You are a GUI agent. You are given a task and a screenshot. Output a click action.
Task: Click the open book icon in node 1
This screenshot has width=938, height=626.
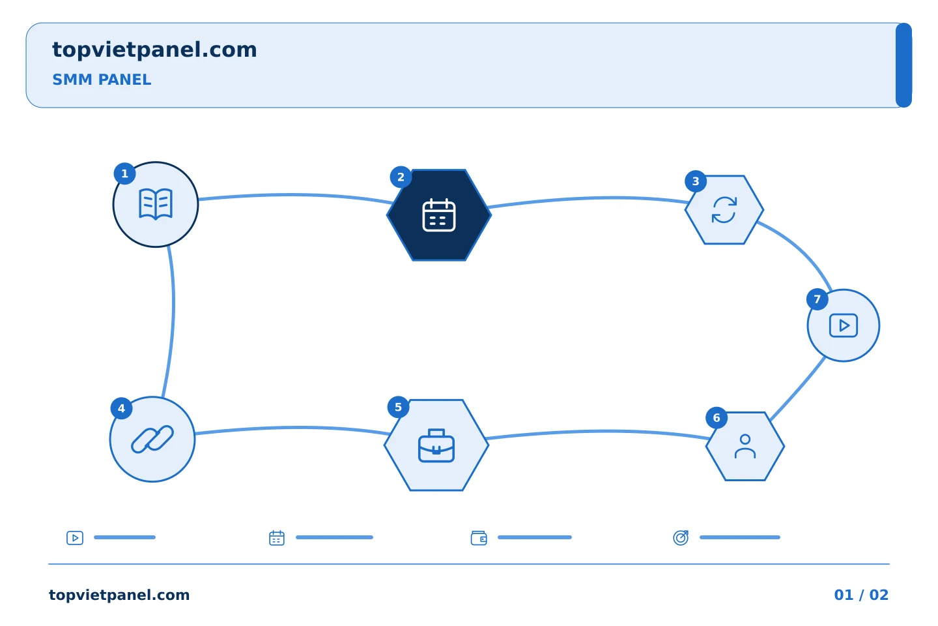(155, 204)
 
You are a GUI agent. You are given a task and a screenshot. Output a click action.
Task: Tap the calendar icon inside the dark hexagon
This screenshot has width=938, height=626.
(439, 215)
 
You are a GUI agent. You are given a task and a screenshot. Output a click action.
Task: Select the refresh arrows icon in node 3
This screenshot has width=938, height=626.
(724, 210)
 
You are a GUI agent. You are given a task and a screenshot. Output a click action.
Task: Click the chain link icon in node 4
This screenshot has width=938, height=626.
(152, 439)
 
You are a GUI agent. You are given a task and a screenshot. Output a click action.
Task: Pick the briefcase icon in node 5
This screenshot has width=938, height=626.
(436, 445)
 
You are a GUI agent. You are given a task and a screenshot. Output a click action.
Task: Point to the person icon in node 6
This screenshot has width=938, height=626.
(745, 446)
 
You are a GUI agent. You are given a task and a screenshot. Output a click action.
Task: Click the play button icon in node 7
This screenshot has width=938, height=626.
(844, 325)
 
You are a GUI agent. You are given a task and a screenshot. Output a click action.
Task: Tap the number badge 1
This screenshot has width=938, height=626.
(124, 173)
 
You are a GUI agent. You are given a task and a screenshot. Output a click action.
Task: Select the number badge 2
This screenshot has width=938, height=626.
(401, 177)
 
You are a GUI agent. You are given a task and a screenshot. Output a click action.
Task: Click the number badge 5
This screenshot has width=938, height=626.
(398, 407)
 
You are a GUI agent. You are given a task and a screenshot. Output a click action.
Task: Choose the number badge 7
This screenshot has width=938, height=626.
(817, 299)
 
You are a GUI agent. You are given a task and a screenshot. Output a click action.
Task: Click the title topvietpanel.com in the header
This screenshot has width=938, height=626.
(154, 50)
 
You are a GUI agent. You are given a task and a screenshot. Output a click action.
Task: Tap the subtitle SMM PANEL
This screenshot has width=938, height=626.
(102, 80)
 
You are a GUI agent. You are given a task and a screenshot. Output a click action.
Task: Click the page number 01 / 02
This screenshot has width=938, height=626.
(861, 595)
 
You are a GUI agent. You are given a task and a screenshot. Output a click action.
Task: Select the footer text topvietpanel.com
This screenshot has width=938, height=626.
(119, 595)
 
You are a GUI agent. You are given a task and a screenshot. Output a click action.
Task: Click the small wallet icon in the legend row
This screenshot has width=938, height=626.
(479, 538)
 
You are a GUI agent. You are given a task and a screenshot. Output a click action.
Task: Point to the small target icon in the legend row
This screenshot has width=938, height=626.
(681, 537)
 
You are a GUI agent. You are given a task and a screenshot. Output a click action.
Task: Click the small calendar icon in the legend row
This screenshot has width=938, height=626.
(277, 538)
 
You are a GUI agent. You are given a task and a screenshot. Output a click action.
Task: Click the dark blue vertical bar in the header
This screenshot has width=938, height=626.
(903, 65)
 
